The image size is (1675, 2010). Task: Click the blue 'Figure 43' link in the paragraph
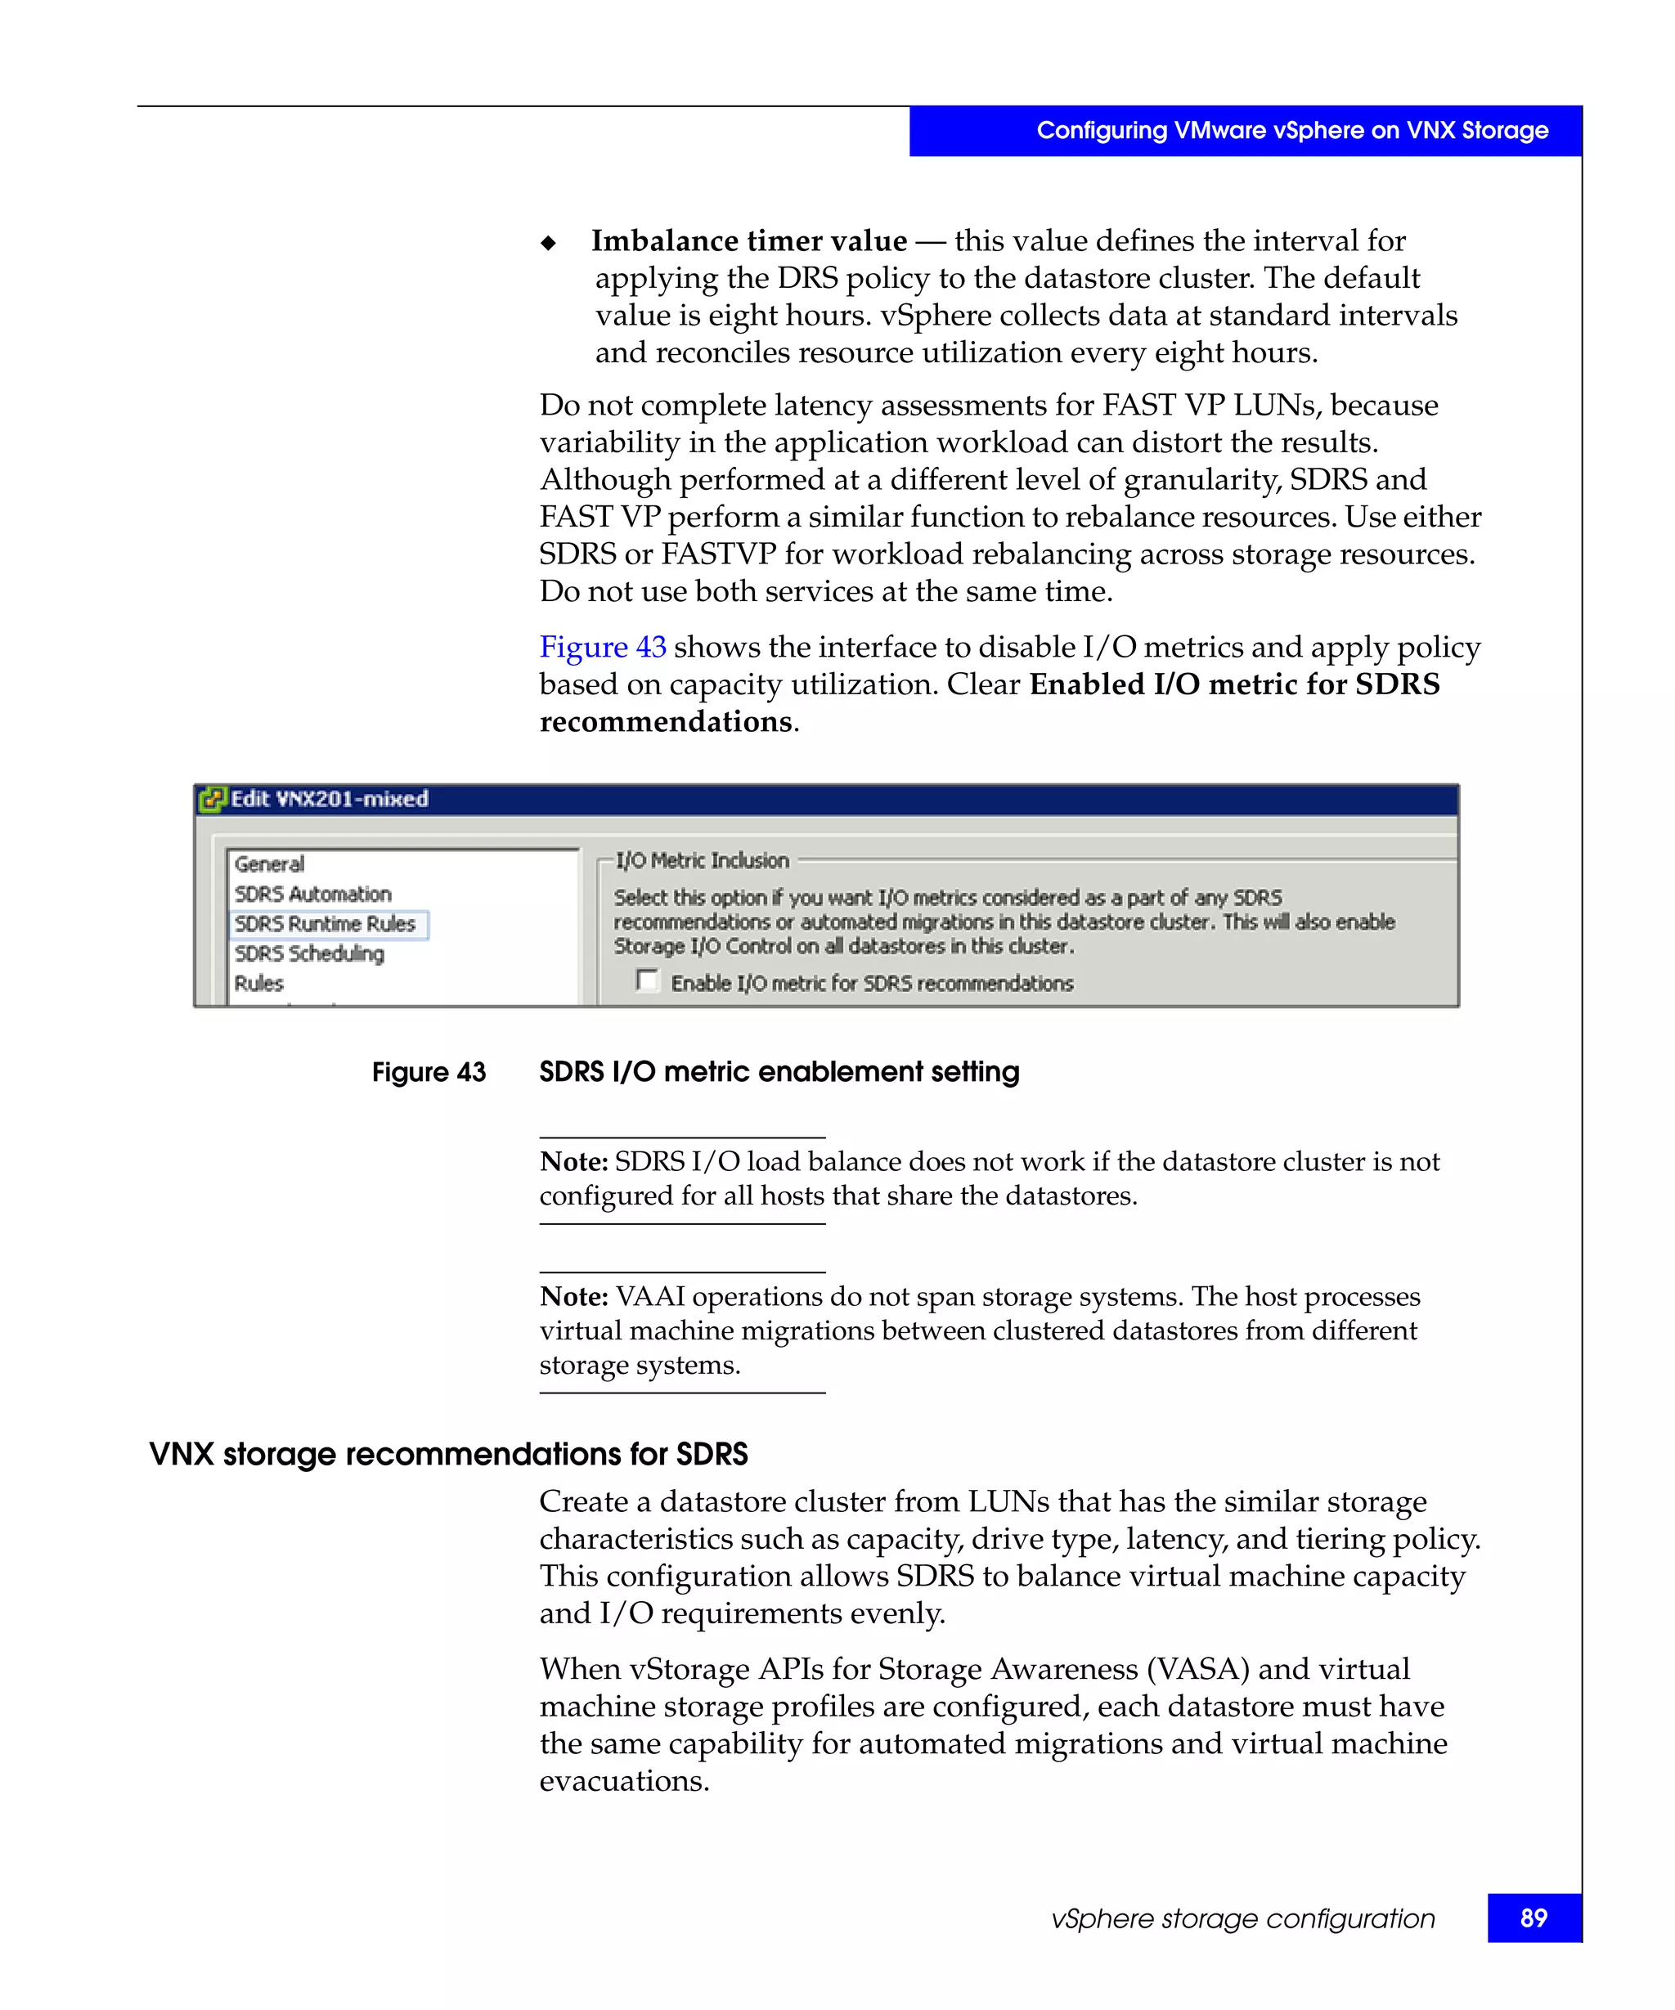pos(602,647)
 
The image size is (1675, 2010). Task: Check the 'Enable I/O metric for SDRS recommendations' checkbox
pos(647,980)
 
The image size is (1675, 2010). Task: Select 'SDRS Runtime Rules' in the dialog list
pos(326,924)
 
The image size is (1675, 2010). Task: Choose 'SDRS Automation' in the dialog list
pos(313,894)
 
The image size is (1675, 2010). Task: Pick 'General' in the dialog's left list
pos(269,864)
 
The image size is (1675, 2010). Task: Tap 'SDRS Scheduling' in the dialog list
pos(309,953)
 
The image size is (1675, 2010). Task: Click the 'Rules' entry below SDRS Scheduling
pos(258,983)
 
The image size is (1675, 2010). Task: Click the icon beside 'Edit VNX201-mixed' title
pos(212,798)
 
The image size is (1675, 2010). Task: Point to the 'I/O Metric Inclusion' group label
pos(702,860)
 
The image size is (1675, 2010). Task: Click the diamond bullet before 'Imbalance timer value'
pos(549,243)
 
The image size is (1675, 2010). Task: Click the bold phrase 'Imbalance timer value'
pos(748,240)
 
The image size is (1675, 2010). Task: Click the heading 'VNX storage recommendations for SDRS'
pos(448,1454)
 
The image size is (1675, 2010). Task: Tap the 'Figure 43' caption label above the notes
pos(428,1072)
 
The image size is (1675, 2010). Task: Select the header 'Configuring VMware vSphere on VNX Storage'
pos(1291,130)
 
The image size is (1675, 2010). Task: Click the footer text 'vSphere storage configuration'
pos(1242,1918)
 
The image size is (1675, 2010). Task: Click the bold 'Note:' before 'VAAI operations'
pos(573,1296)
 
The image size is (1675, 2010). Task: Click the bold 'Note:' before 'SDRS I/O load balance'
pos(573,1161)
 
